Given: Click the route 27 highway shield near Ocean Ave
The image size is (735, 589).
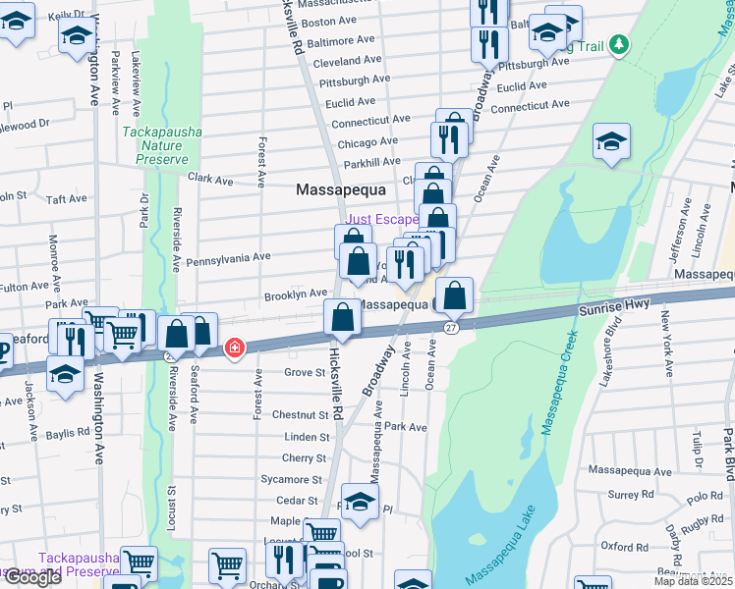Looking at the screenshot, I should pyautogui.click(x=450, y=327).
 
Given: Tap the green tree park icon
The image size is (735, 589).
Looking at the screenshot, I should pyautogui.click(x=618, y=44).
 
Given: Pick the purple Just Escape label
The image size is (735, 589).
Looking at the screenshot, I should pyautogui.click(x=382, y=218).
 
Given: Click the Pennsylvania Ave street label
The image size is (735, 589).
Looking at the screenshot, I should pyautogui.click(x=228, y=257).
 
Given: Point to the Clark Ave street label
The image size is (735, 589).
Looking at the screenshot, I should pyautogui.click(x=210, y=181).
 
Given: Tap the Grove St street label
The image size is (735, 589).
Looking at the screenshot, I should pyautogui.click(x=305, y=373).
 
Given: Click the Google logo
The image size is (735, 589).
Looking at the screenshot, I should pyautogui.click(x=32, y=576).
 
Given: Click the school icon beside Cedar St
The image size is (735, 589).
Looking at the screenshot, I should pyautogui.click(x=360, y=502).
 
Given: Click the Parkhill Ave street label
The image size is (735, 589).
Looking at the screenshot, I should pyautogui.click(x=371, y=163).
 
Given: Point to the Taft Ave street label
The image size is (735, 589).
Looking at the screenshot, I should pyautogui.click(x=68, y=198).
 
